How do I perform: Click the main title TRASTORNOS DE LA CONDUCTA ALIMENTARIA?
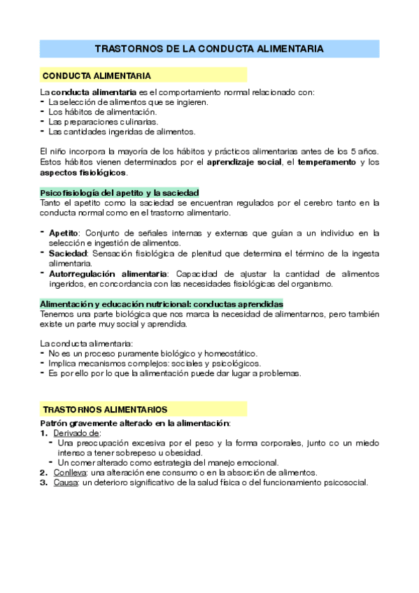pyautogui.click(x=209, y=49)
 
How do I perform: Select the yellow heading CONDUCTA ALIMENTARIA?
pyautogui.click(x=97, y=76)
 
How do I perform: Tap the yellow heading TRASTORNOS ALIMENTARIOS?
pyautogui.click(x=105, y=409)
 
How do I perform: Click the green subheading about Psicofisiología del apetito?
pyautogui.click(x=120, y=192)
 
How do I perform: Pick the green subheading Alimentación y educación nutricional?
pyautogui.click(x=161, y=304)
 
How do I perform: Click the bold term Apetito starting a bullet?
pyautogui.click(x=64, y=232)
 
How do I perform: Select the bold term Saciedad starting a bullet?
pyautogui.click(x=67, y=252)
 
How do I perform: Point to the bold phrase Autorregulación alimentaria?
pyautogui.click(x=108, y=273)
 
